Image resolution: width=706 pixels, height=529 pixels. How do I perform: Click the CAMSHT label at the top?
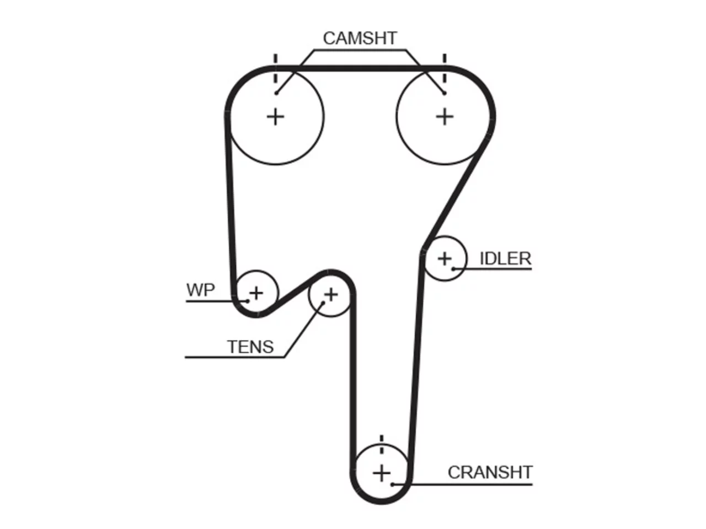click(x=360, y=38)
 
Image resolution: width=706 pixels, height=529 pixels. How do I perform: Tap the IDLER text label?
click(x=505, y=258)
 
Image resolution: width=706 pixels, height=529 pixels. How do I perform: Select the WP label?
click(x=200, y=290)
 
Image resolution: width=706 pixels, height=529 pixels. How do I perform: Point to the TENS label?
click(x=250, y=347)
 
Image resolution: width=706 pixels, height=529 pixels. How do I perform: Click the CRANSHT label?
click(x=490, y=472)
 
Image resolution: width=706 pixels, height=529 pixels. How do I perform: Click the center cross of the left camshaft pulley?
click(x=276, y=117)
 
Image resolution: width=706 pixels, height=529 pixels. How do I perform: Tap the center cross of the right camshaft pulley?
click(x=445, y=117)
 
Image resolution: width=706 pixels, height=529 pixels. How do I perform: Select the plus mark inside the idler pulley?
click(x=445, y=258)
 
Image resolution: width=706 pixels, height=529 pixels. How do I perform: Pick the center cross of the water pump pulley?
click(x=256, y=293)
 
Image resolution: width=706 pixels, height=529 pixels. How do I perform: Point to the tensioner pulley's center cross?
click(x=331, y=294)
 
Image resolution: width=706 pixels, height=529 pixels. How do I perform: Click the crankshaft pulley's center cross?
click(x=382, y=473)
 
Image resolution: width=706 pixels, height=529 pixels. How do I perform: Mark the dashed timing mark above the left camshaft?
click(x=276, y=69)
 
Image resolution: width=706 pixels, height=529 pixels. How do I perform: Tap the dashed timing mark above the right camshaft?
click(x=445, y=69)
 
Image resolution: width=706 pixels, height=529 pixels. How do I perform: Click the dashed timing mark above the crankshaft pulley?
click(x=382, y=445)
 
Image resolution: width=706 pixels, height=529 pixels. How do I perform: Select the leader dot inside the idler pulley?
click(x=453, y=269)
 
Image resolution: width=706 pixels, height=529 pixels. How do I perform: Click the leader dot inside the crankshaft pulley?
click(x=392, y=484)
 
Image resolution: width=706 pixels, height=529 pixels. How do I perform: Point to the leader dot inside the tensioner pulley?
click(x=323, y=303)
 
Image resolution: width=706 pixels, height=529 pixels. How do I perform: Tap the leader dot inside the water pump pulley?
click(x=247, y=301)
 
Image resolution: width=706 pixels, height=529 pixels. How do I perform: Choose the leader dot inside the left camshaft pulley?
click(x=276, y=93)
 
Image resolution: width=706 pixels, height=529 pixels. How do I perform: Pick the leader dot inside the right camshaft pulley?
click(x=444, y=93)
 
